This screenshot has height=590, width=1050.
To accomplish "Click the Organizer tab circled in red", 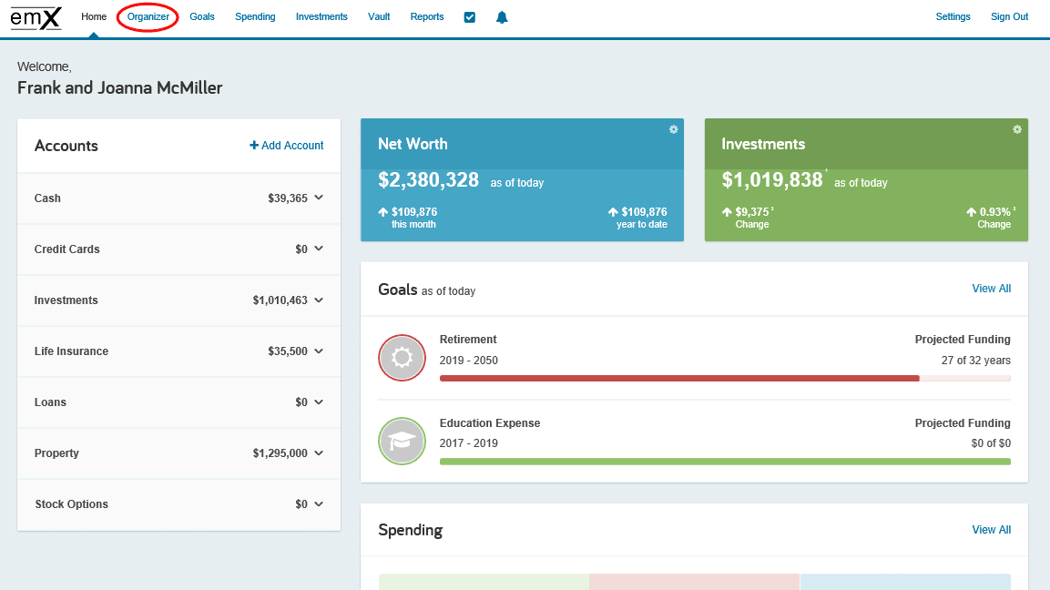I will [x=148, y=17].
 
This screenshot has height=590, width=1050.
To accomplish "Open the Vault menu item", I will [x=379, y=17].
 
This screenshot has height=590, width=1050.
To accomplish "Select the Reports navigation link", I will [x=427, y=17].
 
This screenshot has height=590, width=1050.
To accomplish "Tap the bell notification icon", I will [x=502, y=17].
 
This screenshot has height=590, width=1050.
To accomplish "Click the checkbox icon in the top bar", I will [x=470, y=17].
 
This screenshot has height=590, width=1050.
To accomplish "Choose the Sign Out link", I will [x=1009, y=17].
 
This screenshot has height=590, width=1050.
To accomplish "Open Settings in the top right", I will [x=953, y=17].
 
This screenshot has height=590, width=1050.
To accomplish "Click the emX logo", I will [x=36, y=17].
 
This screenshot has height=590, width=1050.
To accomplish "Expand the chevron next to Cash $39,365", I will [x=318, y=198].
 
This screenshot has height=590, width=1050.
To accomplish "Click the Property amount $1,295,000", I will [x=280, y=453].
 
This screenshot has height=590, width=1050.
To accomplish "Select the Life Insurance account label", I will [x=71, y=351].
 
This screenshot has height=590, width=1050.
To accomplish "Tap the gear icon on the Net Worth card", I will [x=673, y=129].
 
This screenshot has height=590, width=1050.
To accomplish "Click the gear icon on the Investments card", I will [x=1017, y=129].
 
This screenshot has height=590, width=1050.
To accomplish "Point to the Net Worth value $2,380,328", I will [x=428, y=180].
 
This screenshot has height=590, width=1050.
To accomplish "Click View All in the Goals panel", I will [x=991, y=289].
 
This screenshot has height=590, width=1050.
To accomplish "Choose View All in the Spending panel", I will [x=991, y=530].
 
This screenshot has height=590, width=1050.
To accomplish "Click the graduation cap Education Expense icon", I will [x=402, y=441].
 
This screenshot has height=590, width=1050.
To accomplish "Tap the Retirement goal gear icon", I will [x=402, y=358].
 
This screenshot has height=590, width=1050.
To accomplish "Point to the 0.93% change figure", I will [x=994, y=211].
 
